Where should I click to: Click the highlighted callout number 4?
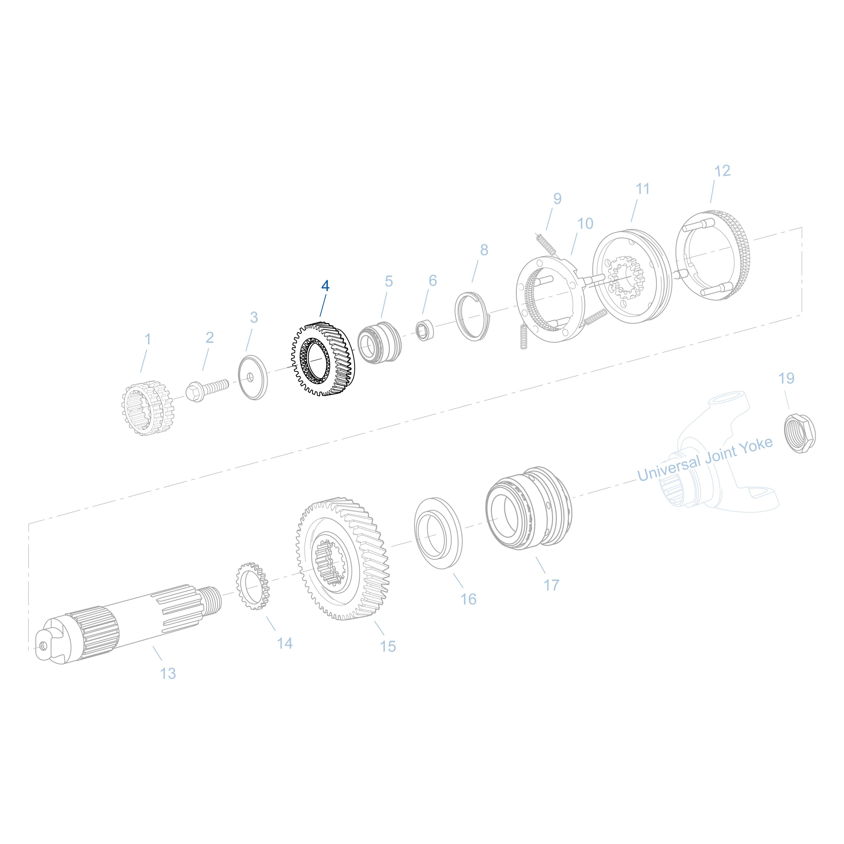pos(325,286)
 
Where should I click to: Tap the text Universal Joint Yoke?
pos(704,460)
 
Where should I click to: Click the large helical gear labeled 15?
pos(343,559)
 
